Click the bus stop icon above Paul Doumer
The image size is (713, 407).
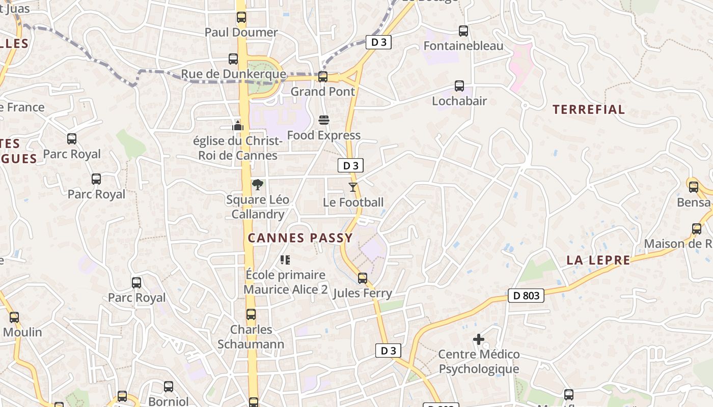pyautogui.click(x=241, y=17)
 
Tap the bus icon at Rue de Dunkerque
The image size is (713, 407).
pyautogui.click(x=233, y=59)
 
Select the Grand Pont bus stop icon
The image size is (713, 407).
pyautogui.click(x=323, y=77)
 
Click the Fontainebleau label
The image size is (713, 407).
pyautogui.click(x=463, y=46)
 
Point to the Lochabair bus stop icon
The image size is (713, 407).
pyautogui.click(x=459, y=86)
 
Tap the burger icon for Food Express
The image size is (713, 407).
pyautogui.click(x=324, y=120)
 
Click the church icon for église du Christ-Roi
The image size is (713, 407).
pyautogui.click(x=238, y=125)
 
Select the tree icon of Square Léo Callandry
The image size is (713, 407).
pyautogui.click(x=258, y=185)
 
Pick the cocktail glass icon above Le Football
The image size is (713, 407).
pyautogui.click(x=353, y=187)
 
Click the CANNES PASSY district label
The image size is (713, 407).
pyautogui.click(x=300, y=238)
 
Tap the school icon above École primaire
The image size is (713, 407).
pyautogui.click(x=285, y=260)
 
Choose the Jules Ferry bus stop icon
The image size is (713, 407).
pyautogui.click(x=363, y=278)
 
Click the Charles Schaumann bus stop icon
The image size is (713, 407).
pyautogui.click(x=251, y=314)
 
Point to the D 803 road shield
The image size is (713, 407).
pyautogui.click(x=526, y=296)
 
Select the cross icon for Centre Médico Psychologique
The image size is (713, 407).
pyautogui.click(x=479, y=339)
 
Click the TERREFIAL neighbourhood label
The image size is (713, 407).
pyautogui.click(x=588, y=109)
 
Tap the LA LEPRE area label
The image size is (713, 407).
pyautogui.click(x=598, y=260)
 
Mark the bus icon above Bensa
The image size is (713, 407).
pyautogui.click(x=694, y=187)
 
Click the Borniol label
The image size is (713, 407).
pyautogui.click(x=168, y=401)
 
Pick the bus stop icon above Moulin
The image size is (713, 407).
pyautogui.click(x=14, y=317)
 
